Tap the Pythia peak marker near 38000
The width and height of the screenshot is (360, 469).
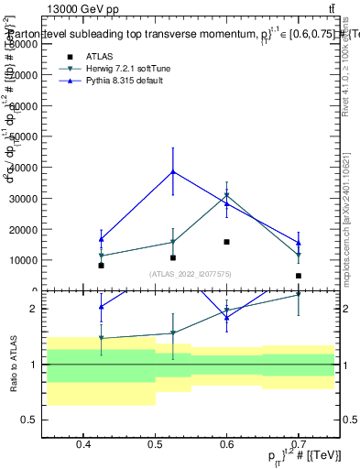coord(173,171)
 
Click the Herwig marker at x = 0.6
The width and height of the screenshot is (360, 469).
coord(227,195)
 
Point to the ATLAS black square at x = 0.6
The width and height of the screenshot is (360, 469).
coord(227,242)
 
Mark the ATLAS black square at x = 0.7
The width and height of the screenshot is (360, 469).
coord(299,276)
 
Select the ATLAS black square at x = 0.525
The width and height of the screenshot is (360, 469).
coord(173,257)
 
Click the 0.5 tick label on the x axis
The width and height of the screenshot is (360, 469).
coord(155,445)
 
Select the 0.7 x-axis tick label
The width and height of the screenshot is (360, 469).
coord(299,445)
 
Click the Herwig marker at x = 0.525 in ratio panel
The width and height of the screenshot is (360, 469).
coord(173,333)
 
